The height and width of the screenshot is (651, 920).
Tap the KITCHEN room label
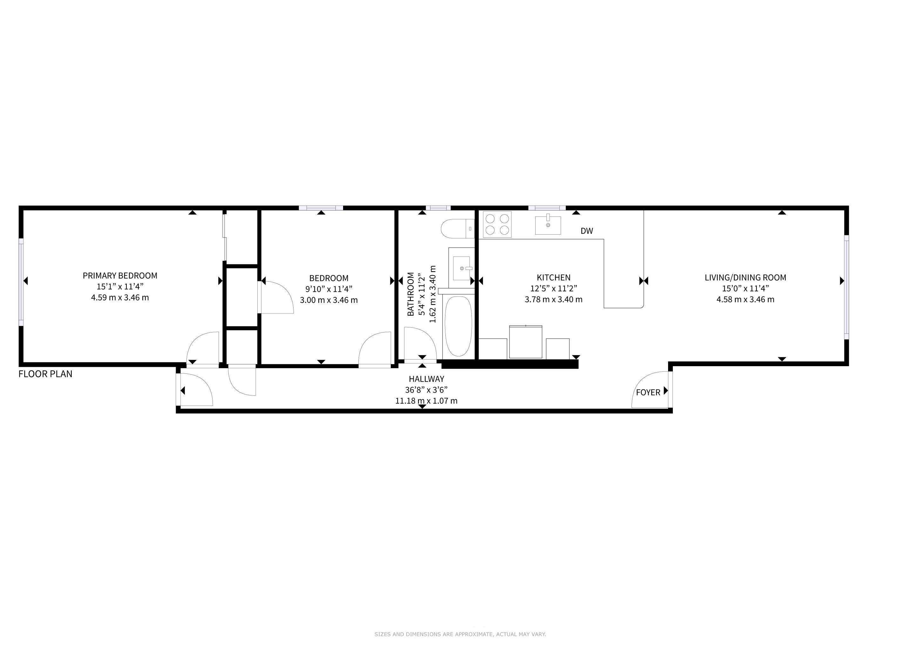[553, 278]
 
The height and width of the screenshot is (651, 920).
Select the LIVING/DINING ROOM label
[745, 278]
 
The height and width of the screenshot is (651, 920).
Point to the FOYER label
[648, 393]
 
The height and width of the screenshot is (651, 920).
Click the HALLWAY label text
[426, 379]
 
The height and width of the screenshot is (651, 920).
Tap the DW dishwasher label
[587, 231]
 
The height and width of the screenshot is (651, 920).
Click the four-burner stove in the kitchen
[497, 224]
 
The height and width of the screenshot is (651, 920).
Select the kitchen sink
[548, 224]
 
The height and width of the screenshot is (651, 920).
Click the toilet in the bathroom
[457, 229]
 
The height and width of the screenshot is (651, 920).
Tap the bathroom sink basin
[461, 268]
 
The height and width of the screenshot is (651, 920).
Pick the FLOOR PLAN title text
[45, 374]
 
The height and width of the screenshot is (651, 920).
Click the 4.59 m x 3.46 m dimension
[120, 298]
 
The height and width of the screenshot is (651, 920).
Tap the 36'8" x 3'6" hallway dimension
[426, 390]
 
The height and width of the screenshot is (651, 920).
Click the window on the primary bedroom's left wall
[21, 282]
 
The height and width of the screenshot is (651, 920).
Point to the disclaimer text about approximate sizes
[460, 634]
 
